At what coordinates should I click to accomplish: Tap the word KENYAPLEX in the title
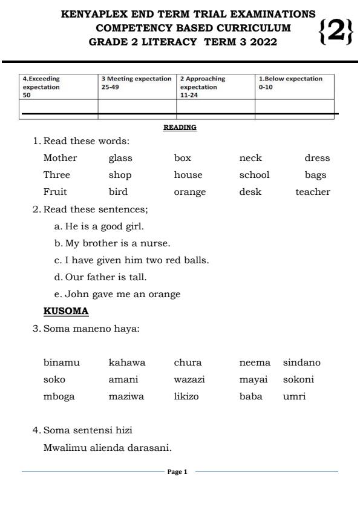click(x=95, y=14)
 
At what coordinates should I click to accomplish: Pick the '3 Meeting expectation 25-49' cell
click(x=137, y=83)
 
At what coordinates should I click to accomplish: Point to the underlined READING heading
click(x=180, y=128)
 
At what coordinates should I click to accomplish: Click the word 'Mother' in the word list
click(x=61, y=158)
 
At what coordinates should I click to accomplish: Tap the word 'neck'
click(x=250, y=158)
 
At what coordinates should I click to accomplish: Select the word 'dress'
click(x=317, y=158)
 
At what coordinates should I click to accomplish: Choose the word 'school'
click(x=254, y=175)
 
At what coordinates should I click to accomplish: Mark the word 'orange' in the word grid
click(x=190, y=192)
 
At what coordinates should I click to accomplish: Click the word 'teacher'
click(x=313, y=192)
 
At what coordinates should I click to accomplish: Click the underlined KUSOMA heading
click(x=66, y=311)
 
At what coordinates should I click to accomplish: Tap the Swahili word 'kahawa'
click(x=127, y=363)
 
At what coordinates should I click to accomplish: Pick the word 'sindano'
click(x=302, y=363)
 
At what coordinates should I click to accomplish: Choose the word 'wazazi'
click(x=189, y=380)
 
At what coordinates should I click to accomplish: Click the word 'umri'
click(x=295, y=397)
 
